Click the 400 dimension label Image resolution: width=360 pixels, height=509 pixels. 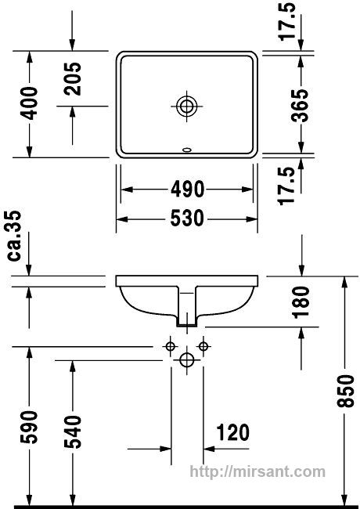click(x=29, y=103)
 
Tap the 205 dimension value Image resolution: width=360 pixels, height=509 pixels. click(x=72, y=78)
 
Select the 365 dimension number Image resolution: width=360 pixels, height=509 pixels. click(x=300, y=106)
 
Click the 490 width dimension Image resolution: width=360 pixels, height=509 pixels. click(x=188, y=190)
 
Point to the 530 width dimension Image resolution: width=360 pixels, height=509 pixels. click(x=188, y=218)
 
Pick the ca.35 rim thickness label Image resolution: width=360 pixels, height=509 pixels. click(x=14, y=236)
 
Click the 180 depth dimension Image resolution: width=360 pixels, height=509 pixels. click(x=301, y=302)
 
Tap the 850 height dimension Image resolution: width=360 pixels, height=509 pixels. click(x=345, y=392)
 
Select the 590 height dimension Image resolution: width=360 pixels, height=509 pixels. click(x=29, y=428)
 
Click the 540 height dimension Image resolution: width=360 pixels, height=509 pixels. click(x=72, y=431)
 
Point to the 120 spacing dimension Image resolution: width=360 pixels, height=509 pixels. click(x=233, y=432)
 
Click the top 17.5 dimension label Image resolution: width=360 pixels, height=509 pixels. click(x=287, y=21)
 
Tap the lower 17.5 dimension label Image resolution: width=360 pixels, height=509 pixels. click(x=287, y=186)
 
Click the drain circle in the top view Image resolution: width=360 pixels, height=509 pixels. click(x=187, y=106)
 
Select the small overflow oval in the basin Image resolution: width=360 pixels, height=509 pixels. click(x=187, y=150)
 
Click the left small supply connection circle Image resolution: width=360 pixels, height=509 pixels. click(x=170, y=346)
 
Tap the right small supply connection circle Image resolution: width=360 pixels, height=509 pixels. click(x=203, y=346)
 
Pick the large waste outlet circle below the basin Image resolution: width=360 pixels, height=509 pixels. click(x=186, y=359)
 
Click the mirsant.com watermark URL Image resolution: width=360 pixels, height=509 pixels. click(x=257, y=471)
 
